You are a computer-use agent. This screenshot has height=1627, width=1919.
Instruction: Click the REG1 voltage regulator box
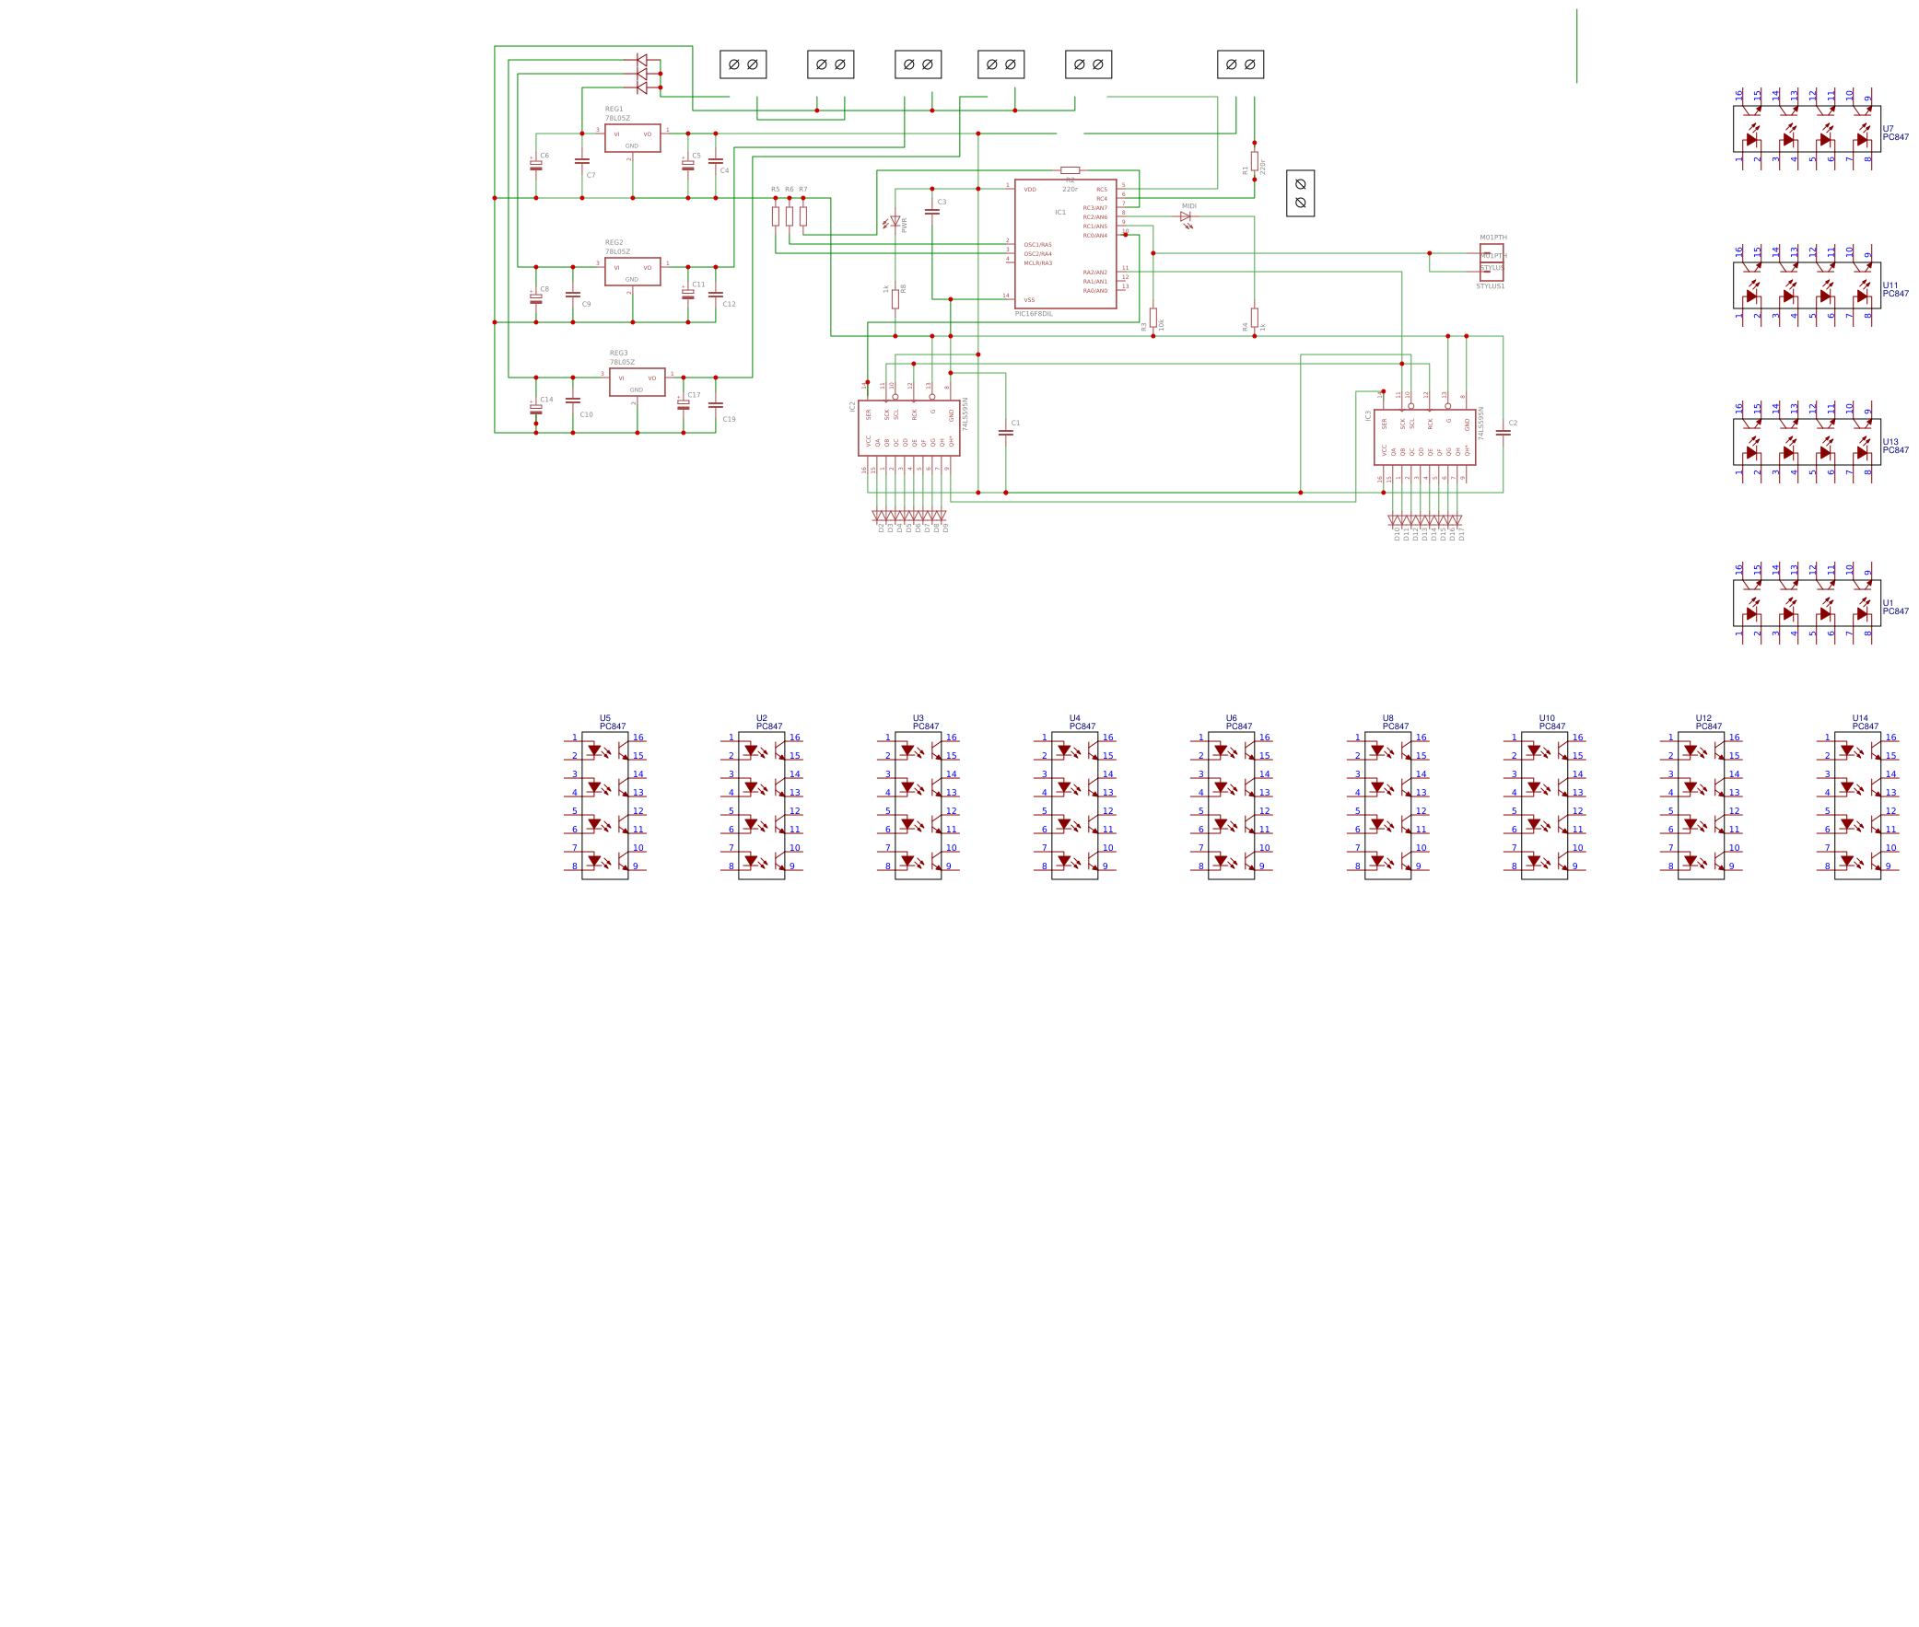632,137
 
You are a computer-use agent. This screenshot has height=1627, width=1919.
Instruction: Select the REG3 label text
618,354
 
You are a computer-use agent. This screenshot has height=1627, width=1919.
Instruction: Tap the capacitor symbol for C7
581,160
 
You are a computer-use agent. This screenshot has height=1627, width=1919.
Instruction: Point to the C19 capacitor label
729,420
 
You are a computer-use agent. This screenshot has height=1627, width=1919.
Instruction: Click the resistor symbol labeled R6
789,215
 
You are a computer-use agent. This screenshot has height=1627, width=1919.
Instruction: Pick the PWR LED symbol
894,221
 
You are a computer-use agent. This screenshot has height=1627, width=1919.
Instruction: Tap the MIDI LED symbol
1186,216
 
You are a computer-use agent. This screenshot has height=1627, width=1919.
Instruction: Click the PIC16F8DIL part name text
1034,315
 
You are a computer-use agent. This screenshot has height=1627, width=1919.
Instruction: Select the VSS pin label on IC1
1029,301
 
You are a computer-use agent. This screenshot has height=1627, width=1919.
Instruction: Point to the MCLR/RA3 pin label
1037,263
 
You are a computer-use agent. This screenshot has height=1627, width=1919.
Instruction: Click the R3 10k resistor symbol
1153,318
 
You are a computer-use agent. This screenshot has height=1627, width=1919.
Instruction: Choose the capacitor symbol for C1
1006,432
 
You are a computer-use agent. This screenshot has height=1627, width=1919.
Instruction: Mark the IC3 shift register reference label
1368,416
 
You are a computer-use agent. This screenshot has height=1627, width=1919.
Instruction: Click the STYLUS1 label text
1490,287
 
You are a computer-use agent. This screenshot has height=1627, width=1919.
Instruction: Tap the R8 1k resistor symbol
895,299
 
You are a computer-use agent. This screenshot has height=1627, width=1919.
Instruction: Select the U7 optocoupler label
1888,129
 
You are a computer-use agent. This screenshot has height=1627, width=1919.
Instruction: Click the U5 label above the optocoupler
605,718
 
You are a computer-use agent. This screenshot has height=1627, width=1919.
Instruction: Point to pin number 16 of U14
1890,738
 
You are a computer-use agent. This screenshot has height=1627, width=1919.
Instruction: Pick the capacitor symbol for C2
1503,432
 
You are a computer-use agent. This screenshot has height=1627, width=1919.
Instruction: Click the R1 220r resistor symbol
1254,160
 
